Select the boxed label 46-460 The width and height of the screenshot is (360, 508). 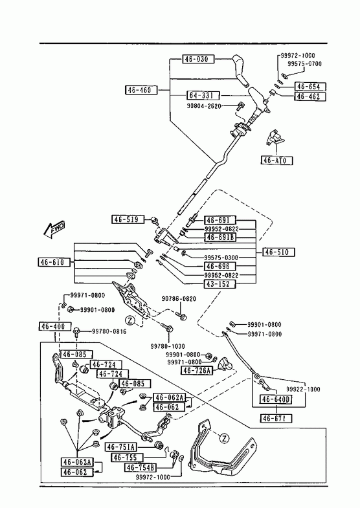[x=141, y=90]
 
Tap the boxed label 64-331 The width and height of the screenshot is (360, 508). [x=203, y=96]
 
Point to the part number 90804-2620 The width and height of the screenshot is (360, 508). [x=204, y=106]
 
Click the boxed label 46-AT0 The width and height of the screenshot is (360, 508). [x=277, y=160]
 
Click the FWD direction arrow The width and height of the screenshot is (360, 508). [x=54, y=230]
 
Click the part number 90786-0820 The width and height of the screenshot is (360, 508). [x=179, y=299]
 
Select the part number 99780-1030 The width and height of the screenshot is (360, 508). [x=168, y=346]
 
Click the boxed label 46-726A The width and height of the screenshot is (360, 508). [x=197, y=370]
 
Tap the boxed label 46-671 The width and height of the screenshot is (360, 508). [x=276, y=418]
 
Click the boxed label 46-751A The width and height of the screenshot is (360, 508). [x=121, y=447]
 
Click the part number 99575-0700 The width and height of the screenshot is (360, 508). [x=304, y=64]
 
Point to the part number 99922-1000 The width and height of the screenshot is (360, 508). [x=303, y=389]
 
